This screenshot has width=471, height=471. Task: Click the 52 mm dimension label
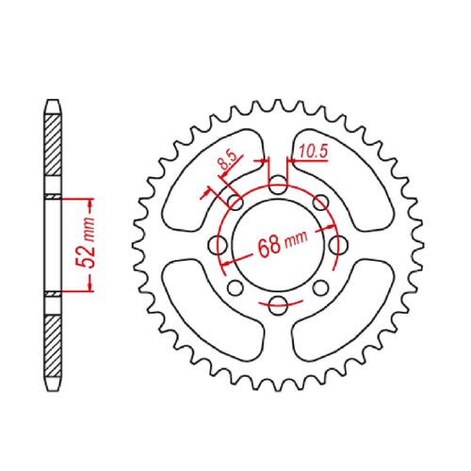tap(86, 242)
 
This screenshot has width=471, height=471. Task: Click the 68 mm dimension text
tap(283, 243)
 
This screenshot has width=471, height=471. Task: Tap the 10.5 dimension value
tap(313, 152)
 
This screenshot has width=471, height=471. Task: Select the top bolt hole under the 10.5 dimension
tap(278, 186)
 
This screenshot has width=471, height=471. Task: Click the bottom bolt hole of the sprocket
tap(278, 305)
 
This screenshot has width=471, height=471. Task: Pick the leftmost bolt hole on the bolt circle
tap(219, 245)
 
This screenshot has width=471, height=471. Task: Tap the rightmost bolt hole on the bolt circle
tap(338, 245)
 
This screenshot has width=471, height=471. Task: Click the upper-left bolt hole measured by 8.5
tap(235, 203)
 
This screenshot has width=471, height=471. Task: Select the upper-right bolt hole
tap(321, 203)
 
